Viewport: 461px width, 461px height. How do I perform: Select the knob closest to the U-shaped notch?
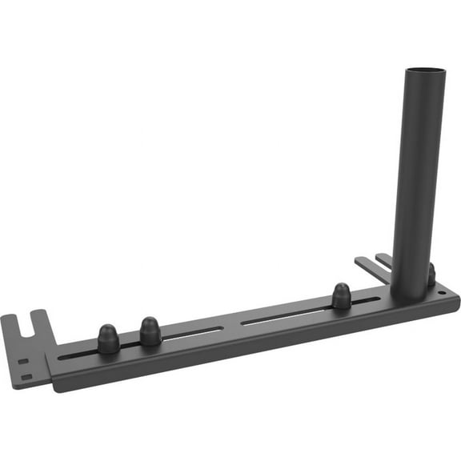click(x=108, y=339)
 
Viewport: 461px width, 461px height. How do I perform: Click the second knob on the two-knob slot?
click(x=150, y=331)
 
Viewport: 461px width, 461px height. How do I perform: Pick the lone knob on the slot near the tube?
click(x=342, y=295)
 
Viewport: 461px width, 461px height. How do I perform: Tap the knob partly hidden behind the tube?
click(x=431, y=275)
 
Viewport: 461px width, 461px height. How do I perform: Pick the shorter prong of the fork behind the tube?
click(x=383, y=259)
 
